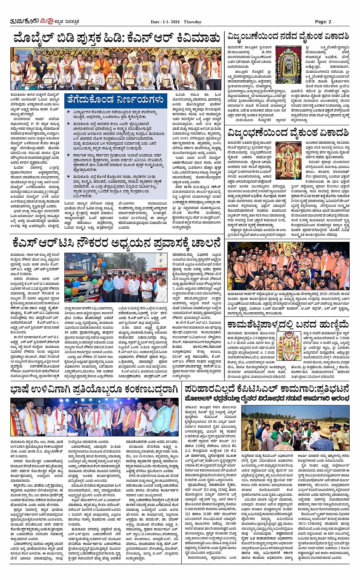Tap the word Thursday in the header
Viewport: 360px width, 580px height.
click(x=192, y=22)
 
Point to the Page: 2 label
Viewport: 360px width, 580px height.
click(x=323, y=22)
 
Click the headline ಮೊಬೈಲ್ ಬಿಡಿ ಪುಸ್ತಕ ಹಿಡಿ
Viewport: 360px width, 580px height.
click(x=116, y=39)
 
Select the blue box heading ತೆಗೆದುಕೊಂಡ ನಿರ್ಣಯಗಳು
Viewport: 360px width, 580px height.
click(x=115, y=100)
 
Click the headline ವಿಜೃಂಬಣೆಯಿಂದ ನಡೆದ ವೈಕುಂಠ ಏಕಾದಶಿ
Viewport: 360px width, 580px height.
click(x=288, y=37)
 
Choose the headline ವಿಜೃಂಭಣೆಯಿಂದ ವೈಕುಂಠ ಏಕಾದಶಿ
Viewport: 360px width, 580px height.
click(x=288, y=133)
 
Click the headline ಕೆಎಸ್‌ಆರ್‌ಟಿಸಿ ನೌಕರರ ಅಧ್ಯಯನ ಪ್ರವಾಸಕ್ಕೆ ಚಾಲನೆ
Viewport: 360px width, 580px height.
click(x=116, y=242)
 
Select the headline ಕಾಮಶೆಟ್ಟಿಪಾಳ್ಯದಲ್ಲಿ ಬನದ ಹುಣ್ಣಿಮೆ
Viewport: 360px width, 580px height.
click(x=288, y=324)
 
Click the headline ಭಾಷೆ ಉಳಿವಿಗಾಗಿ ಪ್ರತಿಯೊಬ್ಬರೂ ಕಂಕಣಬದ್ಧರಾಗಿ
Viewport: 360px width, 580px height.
click(x=94, y=389)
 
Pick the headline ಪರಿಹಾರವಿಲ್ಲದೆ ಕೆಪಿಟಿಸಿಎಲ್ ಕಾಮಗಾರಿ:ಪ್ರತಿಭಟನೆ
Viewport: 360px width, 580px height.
click(x=267, y=389)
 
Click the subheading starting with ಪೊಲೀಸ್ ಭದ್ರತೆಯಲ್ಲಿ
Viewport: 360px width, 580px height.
click(x=267, y=399)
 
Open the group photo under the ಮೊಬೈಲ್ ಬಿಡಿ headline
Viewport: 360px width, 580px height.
click(x=115, y=69)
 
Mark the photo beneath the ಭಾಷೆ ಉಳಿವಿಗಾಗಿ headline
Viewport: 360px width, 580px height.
click(x=94, y=417)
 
